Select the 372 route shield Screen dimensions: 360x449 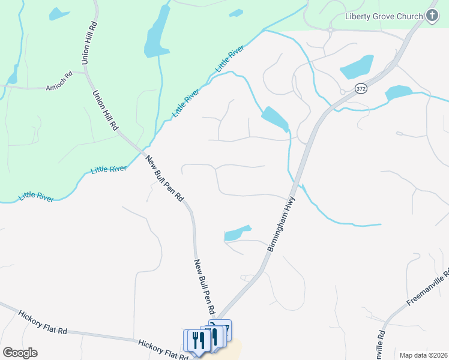[360, 88]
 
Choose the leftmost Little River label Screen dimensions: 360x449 [36, 196]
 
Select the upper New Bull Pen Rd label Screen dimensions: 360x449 [164, 178]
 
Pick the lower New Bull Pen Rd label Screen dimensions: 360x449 [205, 287]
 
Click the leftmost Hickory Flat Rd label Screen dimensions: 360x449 [41, 321]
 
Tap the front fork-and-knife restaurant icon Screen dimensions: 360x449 [199, 340]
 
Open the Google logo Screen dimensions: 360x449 [19, 353]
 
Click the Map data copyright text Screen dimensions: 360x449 [423, 355]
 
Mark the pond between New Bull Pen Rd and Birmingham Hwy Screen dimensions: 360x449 [237, 233]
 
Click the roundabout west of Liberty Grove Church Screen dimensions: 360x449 [331, 28]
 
